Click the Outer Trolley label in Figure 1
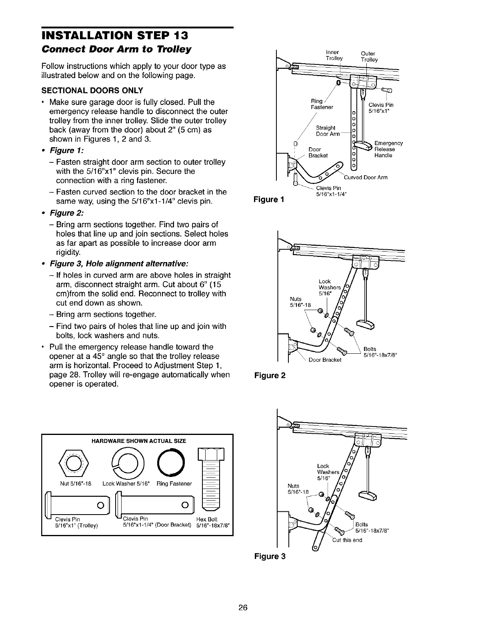click(x=369, y=56)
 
